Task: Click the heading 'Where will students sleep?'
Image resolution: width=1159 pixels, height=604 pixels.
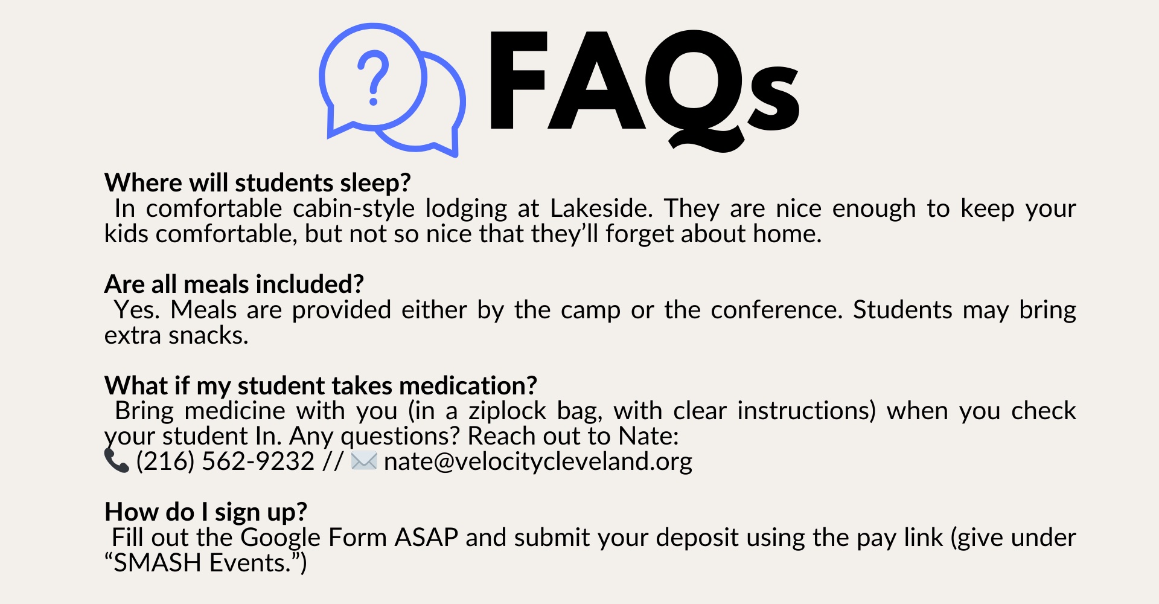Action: (258, 182)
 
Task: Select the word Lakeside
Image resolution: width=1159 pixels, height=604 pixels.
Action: (601, 208)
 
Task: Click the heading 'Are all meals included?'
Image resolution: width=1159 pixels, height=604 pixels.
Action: (234, 284)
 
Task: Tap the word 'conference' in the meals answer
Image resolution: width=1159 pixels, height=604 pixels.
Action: (776, 310)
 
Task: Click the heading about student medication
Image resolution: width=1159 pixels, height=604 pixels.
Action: (321, 385)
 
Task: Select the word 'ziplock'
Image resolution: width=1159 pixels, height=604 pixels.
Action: (508, 411)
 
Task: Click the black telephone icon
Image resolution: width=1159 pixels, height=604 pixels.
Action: (117, 461)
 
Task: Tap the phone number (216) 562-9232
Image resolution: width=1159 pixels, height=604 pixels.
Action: (225, 461)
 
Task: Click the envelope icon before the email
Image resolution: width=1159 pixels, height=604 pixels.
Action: (364, 461)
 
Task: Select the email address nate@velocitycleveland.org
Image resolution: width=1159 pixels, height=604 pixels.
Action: (538, 461)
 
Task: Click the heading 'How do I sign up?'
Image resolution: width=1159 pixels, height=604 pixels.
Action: (206, 512)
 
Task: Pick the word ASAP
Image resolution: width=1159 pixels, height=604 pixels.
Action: (426, 538)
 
